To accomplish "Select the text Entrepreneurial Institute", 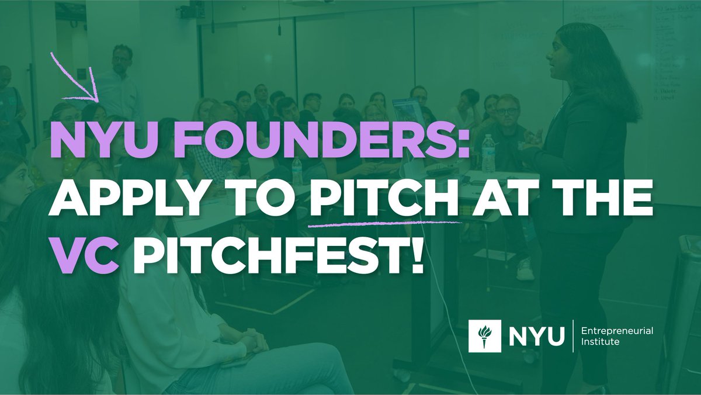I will click(617, 337).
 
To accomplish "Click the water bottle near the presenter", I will click(488, 154).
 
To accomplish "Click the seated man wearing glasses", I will click(507, 117).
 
